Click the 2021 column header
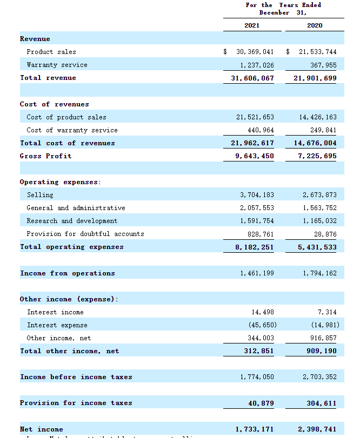pos(251,25)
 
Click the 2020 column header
pos(314,25)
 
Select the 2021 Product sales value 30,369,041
pos(255,52)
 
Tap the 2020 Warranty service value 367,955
pos(321,65)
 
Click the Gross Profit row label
pos(46,156)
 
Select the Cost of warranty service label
pos(72,130)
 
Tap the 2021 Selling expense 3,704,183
pos(257,195)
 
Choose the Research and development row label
pos(72,221)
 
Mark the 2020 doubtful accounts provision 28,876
pos(324,234)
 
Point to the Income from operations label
pos(68,273)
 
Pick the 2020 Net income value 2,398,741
pos(317,429)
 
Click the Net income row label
pos(42,429)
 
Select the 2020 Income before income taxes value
pos(319,377)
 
